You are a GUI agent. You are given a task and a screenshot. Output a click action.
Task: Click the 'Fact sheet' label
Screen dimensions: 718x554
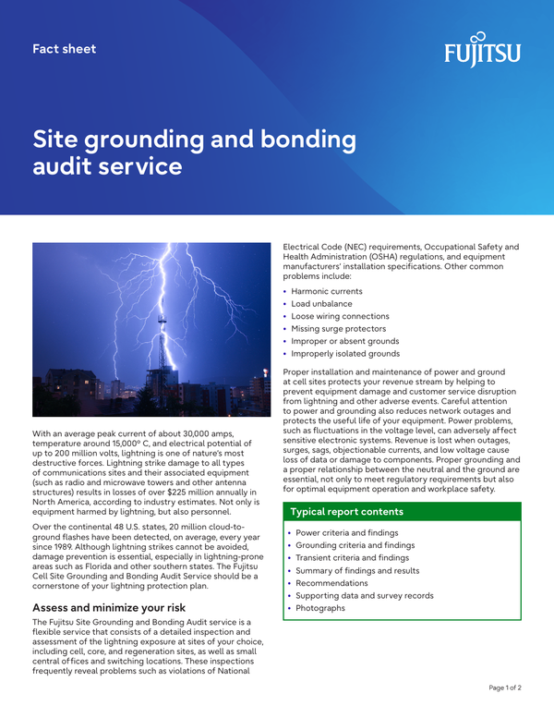point(64,48)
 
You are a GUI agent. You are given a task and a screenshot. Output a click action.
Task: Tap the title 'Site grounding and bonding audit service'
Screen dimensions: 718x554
point(194,152)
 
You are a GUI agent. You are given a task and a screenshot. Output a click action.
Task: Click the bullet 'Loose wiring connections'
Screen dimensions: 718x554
point(340,316)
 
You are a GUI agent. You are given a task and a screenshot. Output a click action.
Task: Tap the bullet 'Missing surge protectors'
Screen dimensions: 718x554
point(340,328)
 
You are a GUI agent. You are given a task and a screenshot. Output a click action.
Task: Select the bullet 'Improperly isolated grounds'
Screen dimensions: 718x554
point(345,353)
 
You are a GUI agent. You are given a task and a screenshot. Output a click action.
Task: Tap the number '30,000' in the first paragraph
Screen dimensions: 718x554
point(211,433)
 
